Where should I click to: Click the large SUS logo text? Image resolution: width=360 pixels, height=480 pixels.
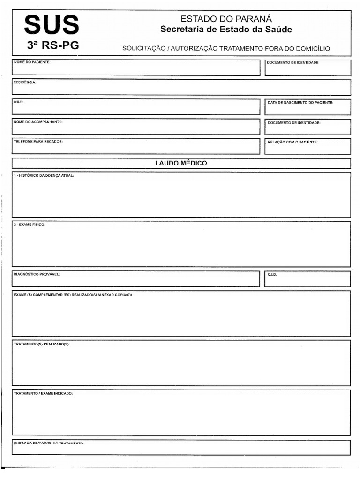coord(52,25)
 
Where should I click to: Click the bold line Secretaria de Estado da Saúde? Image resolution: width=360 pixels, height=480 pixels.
coord(226,30)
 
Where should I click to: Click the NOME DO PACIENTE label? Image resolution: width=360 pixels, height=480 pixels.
coord(32,62)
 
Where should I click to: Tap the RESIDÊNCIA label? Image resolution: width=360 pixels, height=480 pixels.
coord(25,82)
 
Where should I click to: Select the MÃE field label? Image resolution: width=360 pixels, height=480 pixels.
coord(18,102)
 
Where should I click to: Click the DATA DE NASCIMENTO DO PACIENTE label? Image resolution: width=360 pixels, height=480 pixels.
coord(300,102)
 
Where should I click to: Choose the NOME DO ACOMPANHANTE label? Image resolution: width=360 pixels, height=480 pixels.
coord(38,122)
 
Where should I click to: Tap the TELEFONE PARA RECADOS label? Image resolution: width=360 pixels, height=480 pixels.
coord(38,141)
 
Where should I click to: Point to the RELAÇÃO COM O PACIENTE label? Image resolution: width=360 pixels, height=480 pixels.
coord(292,142)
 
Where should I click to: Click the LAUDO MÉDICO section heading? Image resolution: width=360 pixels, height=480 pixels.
coord(181,163)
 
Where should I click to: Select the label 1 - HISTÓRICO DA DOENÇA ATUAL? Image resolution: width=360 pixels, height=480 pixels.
coord(44,175)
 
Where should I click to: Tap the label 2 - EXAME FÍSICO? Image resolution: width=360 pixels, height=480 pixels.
coord(30,225)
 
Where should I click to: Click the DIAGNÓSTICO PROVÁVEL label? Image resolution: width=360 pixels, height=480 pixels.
coord(37,274)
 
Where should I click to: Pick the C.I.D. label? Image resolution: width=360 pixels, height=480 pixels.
coord(272,275)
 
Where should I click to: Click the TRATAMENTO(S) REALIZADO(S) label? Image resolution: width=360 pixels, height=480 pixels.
coord(42,344)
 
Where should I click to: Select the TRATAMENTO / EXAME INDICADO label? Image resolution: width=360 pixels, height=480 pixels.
coord(44,393)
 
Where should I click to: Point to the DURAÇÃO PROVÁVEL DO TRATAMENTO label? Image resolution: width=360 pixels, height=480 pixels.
coord(49,443)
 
